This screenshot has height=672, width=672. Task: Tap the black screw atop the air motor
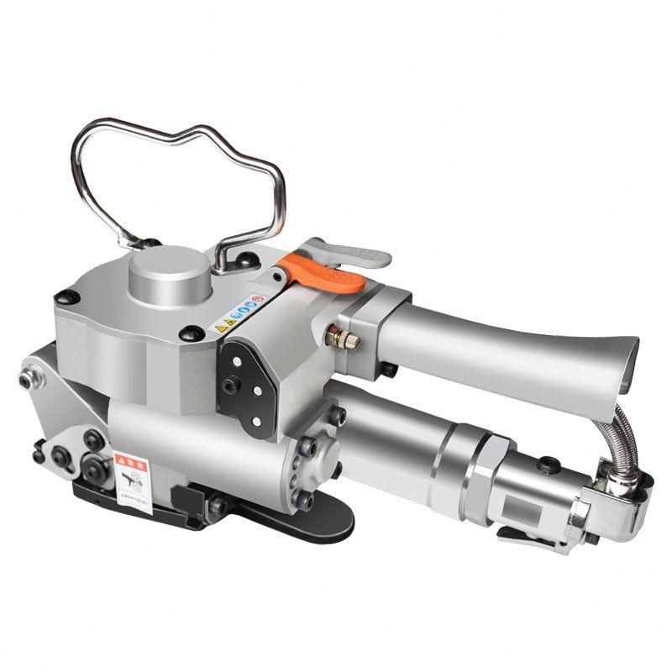[x=547, y=463]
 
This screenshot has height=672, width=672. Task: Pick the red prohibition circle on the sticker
[x=259, y=300]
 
